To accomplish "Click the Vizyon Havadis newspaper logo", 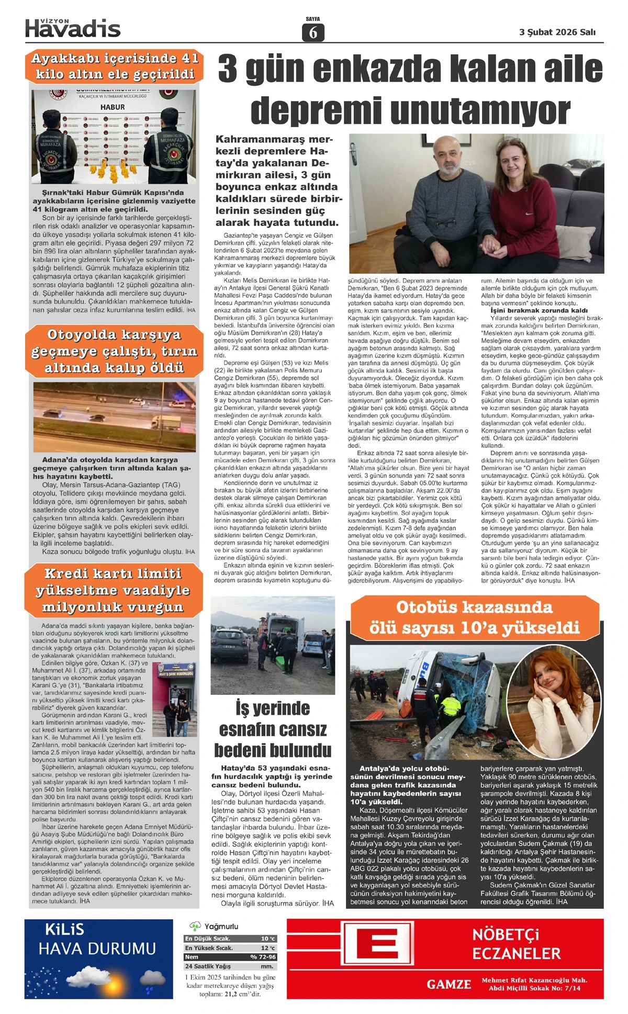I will (73, 28).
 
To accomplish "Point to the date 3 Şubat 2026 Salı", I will (557, 32).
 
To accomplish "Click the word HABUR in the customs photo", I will (113, 107).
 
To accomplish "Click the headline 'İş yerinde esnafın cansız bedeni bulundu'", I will (273, 729).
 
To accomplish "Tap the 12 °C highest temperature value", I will (268, 948).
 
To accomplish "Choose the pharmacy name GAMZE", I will (448, 984).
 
